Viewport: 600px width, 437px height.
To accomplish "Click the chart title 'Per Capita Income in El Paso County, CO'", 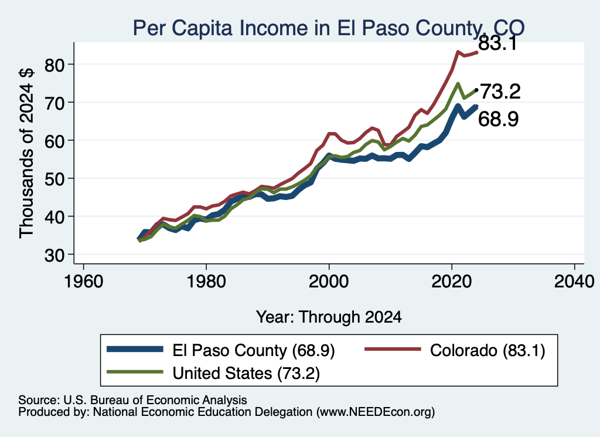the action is (329, 28).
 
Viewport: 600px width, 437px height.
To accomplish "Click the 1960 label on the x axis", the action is (83, 282).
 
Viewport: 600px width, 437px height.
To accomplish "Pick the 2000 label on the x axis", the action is (329, 282).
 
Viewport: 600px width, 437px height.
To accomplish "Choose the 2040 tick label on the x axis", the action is (574, 282).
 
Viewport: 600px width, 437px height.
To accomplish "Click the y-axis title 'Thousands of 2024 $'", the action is (27, 153).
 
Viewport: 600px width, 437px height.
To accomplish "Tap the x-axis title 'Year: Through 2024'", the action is (329, 317).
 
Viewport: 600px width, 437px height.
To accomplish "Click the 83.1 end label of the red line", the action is (498, 43).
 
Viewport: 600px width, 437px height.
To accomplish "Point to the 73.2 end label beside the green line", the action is (500, 92).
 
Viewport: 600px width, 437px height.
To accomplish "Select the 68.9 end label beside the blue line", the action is (499, 118).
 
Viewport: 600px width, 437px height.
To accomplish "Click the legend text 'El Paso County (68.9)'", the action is (254, 350).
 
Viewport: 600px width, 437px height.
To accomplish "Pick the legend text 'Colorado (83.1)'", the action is (487, 350).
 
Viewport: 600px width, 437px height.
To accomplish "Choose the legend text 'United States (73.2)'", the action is (246, 374).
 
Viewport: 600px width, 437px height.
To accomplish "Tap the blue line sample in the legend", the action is (135, 349).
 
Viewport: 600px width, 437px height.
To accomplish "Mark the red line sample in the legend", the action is (392, 349).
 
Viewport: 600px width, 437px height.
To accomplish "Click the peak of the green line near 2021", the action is (457, 83).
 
